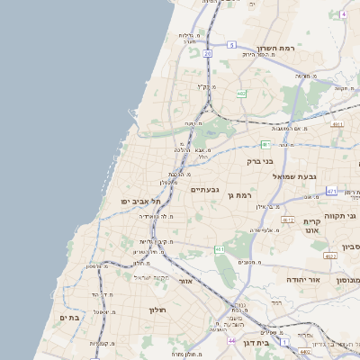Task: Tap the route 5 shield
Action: pyautogui.click(x=231, y=44)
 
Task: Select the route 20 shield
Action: pyautogui.click(x=207, y=54)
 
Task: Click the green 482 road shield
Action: pyautogui.click(x=241, y=93)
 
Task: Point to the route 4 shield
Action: pyautogui.click(x=343, y=15)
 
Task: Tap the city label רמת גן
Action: pyautogui.click(x=244, y=194)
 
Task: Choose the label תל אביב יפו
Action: pyautogui.click(x=141, y=202)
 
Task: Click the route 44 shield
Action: pyautogui.click(x=231, y=341)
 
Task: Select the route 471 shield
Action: pyautogui.click(x=331, y=191)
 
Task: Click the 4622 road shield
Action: pyautogui.click(x=330, y=256)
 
